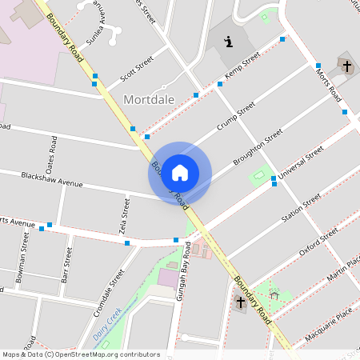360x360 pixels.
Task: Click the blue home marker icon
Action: point(180,173)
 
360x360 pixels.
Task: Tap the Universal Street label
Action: point(300,162)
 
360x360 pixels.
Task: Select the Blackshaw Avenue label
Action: point(52,179)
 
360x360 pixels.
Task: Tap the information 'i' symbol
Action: point(230,42)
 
